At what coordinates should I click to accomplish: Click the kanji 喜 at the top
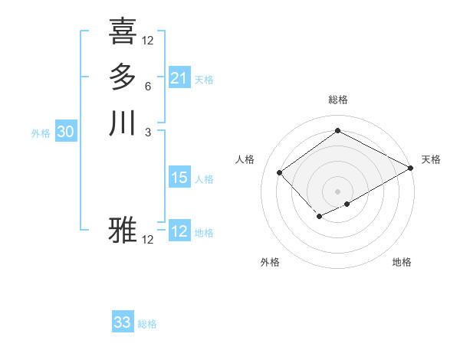pos(123,31)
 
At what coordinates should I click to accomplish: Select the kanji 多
pos(123,77)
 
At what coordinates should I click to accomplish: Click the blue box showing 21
pos(179,78)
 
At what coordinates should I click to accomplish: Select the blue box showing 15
pos(179,178)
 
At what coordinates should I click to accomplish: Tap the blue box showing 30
pos(66,132)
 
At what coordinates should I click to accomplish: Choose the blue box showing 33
pos(123,322)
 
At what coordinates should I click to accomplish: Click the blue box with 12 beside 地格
pos(179,231)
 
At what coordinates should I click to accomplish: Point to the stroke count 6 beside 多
pos(147,87)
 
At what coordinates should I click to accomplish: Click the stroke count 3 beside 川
pos(147,133)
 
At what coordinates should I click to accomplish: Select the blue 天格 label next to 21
pos(204,80)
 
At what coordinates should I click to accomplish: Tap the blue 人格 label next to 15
pos(204,179)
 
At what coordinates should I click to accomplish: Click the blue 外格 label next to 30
pos(41,133)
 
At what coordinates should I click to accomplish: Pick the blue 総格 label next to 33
pos(147,324)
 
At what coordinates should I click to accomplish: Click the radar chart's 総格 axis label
pos(337,100)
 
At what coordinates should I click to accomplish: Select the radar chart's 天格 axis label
pos(431,159)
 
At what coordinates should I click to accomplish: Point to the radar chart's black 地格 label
pos(402,262)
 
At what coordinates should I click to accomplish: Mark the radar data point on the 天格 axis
pos(411,169)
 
